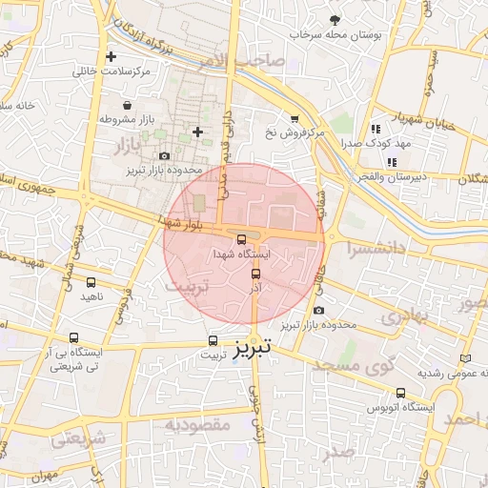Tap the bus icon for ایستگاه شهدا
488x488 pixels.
pos(240,239)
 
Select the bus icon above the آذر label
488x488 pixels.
pos(254,275)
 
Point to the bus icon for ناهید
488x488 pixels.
pos(91,282)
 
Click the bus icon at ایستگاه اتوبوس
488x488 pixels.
pos(399,392)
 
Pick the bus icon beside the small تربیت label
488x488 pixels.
pos(213,340)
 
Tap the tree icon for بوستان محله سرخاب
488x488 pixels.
pos(334,19)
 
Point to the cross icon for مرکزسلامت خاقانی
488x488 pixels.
pos(112,56)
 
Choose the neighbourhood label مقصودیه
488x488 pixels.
pos(197,424)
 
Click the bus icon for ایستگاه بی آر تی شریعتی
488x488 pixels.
pos(75,337)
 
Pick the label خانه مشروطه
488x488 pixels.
pos(19,105)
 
